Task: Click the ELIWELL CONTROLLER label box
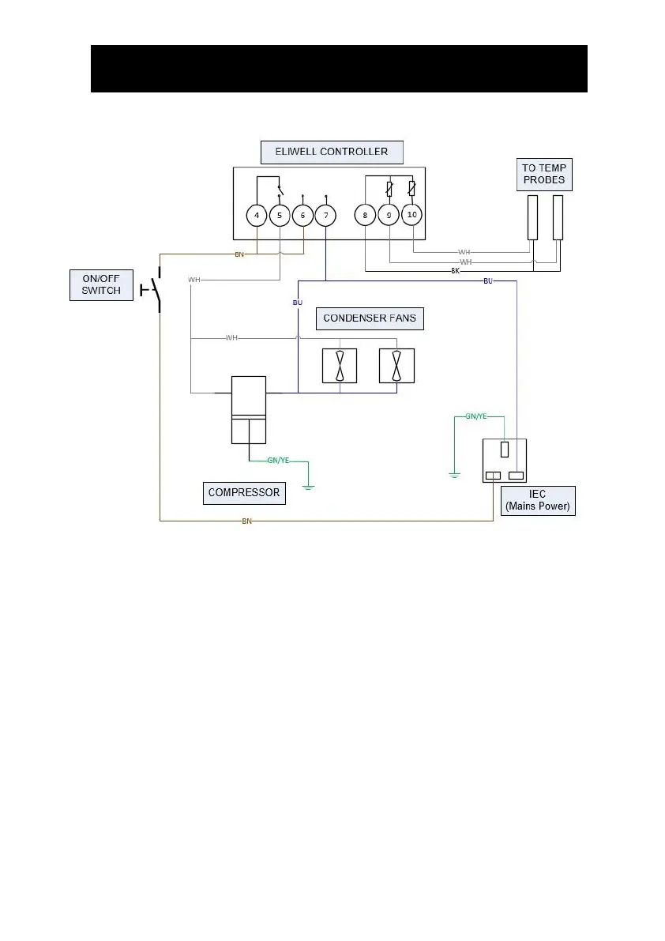pyautogui.click(x=331, y=151)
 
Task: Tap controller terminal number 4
pyautogui.click(x=257, y=215)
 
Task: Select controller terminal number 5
pyautogui.click(x=280, y=215)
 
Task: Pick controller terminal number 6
pyautogui.click(x=302, y=215)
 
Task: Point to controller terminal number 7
pyautogui.click(x=325, y=215)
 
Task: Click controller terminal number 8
pyautogui.click(x=365, y=215)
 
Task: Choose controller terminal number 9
pyautogui.click(x=389, y=215)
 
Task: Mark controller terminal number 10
pyautogui.click(x=411, y=214)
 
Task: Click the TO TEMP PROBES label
pyautogui.click(x=544, y=174)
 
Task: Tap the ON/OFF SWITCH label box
pyautogui.click(x=101, y=284)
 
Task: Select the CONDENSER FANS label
pyautogui.click(x=370, y=318)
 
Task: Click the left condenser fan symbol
pyautogui.click(x=339, y=366)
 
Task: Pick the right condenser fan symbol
pyautogui.click(x=396, y=366)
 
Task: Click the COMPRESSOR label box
pyautogui.click(x=243, y=492)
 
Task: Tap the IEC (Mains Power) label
pyautogui.click(x=538, y=501)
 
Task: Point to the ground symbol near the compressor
pyautogui.click(x=308, y=486)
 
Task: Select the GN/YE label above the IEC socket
pyautogui.click(x=475, y=416)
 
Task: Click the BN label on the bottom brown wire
pyautogui.click(x=246, y=521)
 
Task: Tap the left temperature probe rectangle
pyautogui.click(x=534, y=218)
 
